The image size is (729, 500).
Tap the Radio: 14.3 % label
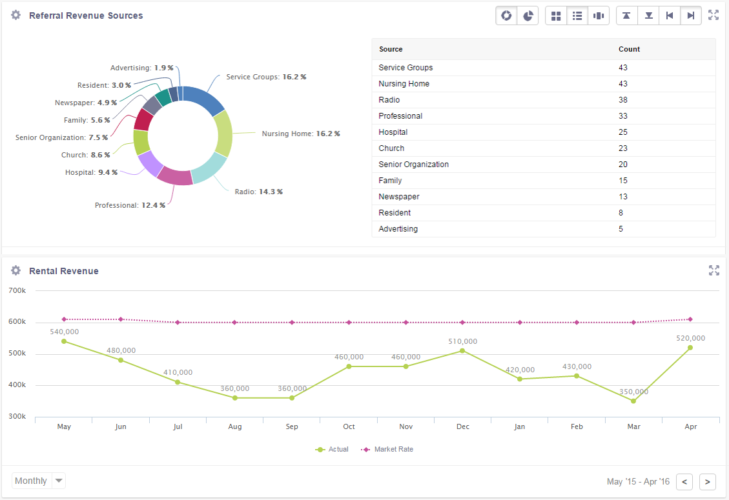(x=258, y=192)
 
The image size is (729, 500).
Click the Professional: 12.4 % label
(x=130, y=205)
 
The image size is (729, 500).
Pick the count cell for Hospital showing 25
(x=622, y=132)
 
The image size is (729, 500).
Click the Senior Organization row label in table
(x=413, y=165)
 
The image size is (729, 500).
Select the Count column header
(x=629, y=49)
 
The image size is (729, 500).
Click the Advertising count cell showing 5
(x=621, y=229)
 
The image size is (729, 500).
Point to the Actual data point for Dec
(x=462, y=351)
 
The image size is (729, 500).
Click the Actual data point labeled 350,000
(x=633, y=401)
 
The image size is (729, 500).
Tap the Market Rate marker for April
(x=690, y=319)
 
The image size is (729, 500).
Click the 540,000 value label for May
(x=64, y=332)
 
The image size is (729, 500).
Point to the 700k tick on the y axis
(x=17, y=291)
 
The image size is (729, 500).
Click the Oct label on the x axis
(x=349, y=426)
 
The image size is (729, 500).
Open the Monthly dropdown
(x=39, y=481)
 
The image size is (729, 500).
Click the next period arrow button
(x=708, y=481)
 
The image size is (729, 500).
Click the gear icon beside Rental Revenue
(x=16, y=271)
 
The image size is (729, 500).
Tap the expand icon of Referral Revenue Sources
(x=714, y=15)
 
